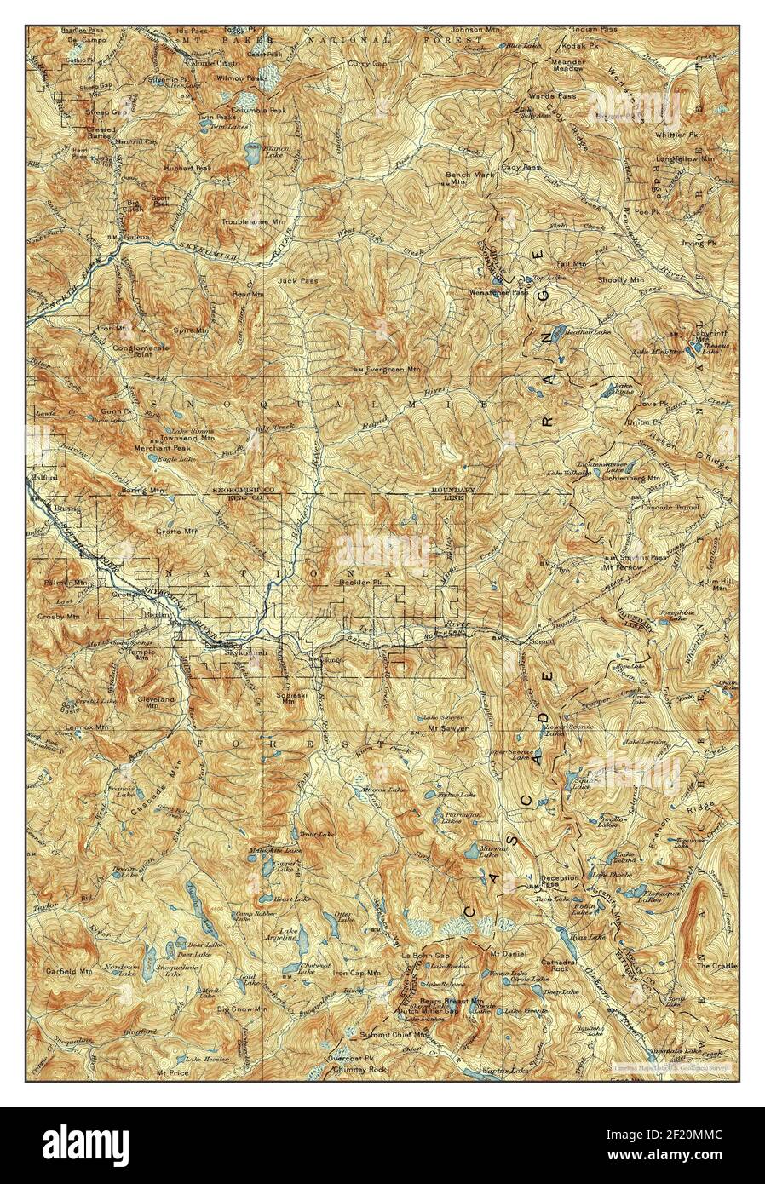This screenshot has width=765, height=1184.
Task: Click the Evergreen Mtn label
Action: click(x=393, y=370)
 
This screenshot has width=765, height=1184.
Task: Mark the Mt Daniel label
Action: click(x=509, y=953)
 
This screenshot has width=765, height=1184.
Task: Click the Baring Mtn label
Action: click(x=144, y=491)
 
